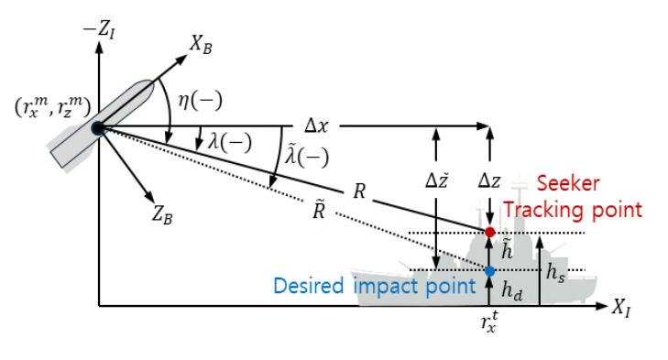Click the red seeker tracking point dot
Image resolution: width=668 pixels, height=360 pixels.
coord(490,232)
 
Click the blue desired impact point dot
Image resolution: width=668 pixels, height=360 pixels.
coord(490,271)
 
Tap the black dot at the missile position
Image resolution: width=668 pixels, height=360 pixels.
coord(98,128)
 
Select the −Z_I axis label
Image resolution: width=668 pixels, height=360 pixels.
coord(98,30)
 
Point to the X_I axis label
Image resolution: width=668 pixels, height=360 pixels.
coord(621,308)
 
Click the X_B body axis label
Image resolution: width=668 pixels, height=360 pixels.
coord(201,44)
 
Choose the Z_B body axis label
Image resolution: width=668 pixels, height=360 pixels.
coord(162,214)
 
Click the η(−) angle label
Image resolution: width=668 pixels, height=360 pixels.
coord(200,101)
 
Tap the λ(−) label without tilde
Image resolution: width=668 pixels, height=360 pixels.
coord(230,142)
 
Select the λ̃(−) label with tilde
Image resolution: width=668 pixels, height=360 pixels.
coord(307,156)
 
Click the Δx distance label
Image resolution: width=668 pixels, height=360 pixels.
coord(316,126)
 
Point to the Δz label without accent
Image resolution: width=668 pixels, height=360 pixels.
coord(489,181)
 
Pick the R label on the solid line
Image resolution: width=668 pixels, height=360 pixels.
coord(359,191)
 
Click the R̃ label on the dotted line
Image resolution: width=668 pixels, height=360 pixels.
coord(319,210)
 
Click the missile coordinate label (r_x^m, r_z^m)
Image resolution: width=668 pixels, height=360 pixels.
coord(52,107)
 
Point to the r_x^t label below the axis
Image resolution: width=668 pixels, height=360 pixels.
coord(489,322)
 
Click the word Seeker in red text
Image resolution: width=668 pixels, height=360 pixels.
coord(568,183)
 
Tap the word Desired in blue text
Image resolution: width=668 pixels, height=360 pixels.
coord(308,286)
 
